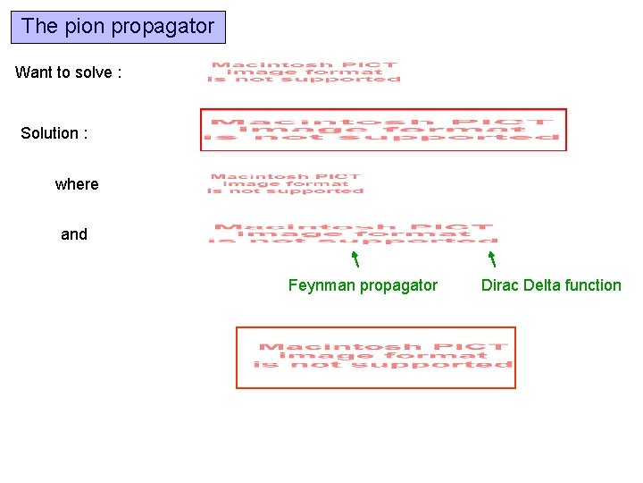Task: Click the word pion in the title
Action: click(x=81, y=27)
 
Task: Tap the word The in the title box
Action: click(x=39, y=27)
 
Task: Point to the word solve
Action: click(x=94, y=72)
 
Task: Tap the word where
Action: click(x=77, y=184)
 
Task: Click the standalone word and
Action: click(x=74, y=234)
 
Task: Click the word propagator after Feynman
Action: click(x=398, y=286)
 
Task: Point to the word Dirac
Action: click(x=500, y=285)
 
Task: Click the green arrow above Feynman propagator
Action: click(x=355, y=259)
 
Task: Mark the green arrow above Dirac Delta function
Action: click(x=491, y=259)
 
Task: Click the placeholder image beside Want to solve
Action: click(x=304, y=72)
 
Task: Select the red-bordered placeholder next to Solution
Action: click(x=383, y=130)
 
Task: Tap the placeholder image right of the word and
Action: click(x=354, y=233)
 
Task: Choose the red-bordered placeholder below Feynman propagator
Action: click(x=375, y=357)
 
